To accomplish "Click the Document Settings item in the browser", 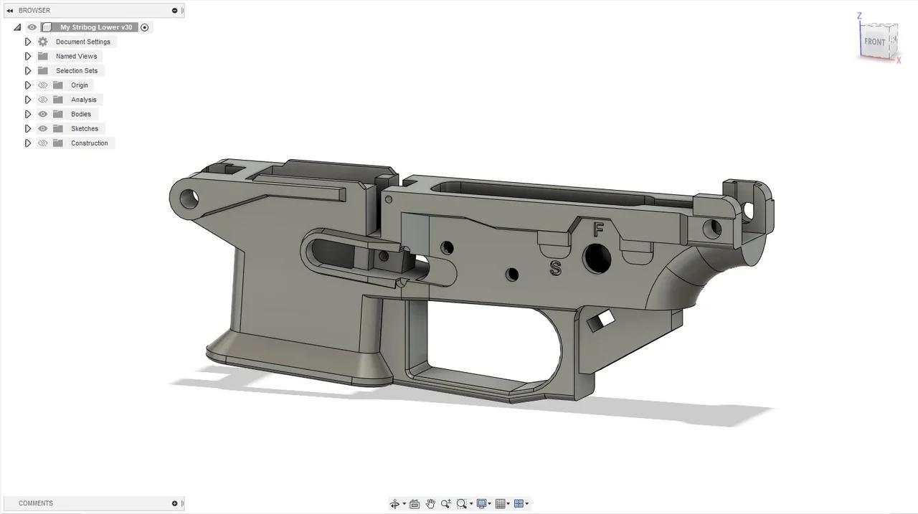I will click(82, 42).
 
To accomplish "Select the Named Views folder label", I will click(76, 56).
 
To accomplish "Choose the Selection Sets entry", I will click(77, 70).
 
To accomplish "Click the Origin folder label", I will click(79, 85).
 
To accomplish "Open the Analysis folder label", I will click(83, 100).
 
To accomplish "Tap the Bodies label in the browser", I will click(80, 114).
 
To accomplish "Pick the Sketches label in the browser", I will click(84, 128).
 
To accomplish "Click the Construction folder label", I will click(89, 143).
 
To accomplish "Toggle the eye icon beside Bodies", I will click(43, 114).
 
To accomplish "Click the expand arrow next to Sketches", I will click(28, 128).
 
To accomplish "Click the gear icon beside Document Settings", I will click(43, 42).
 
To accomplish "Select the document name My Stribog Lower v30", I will click(96, 27).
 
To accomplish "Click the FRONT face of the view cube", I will click(874, 42).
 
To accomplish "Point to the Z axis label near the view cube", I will click(859, 16).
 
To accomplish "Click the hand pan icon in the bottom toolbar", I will click(430, 503).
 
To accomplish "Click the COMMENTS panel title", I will click(36, 503).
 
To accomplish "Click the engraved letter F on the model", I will click(598, 229).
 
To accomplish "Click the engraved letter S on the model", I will click(555, 268).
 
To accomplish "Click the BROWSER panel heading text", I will click(34, 10).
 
